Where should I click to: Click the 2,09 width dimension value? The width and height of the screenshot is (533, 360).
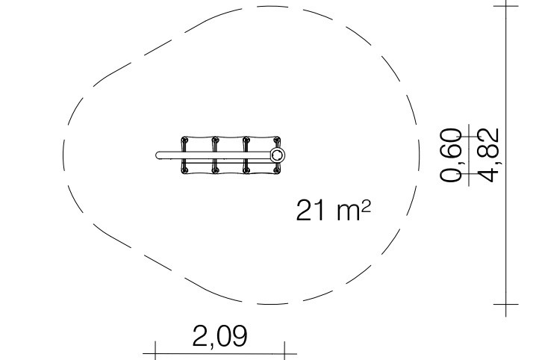pos(220,337)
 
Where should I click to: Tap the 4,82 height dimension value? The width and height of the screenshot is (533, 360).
pos(488,155)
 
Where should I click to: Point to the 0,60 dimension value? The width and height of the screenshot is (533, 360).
pos(452,155)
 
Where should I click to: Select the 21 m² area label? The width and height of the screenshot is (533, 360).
pos(333,211)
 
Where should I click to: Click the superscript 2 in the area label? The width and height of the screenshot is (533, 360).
pos(366,206)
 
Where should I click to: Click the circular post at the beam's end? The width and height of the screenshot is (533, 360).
pos(278,155)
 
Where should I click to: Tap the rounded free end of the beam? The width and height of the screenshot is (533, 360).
pos(158,155)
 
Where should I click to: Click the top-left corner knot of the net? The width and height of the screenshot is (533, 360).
pos(184,140)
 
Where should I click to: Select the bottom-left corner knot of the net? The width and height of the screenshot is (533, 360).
pos(184,170)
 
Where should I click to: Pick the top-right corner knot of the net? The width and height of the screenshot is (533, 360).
pos(277,140)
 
